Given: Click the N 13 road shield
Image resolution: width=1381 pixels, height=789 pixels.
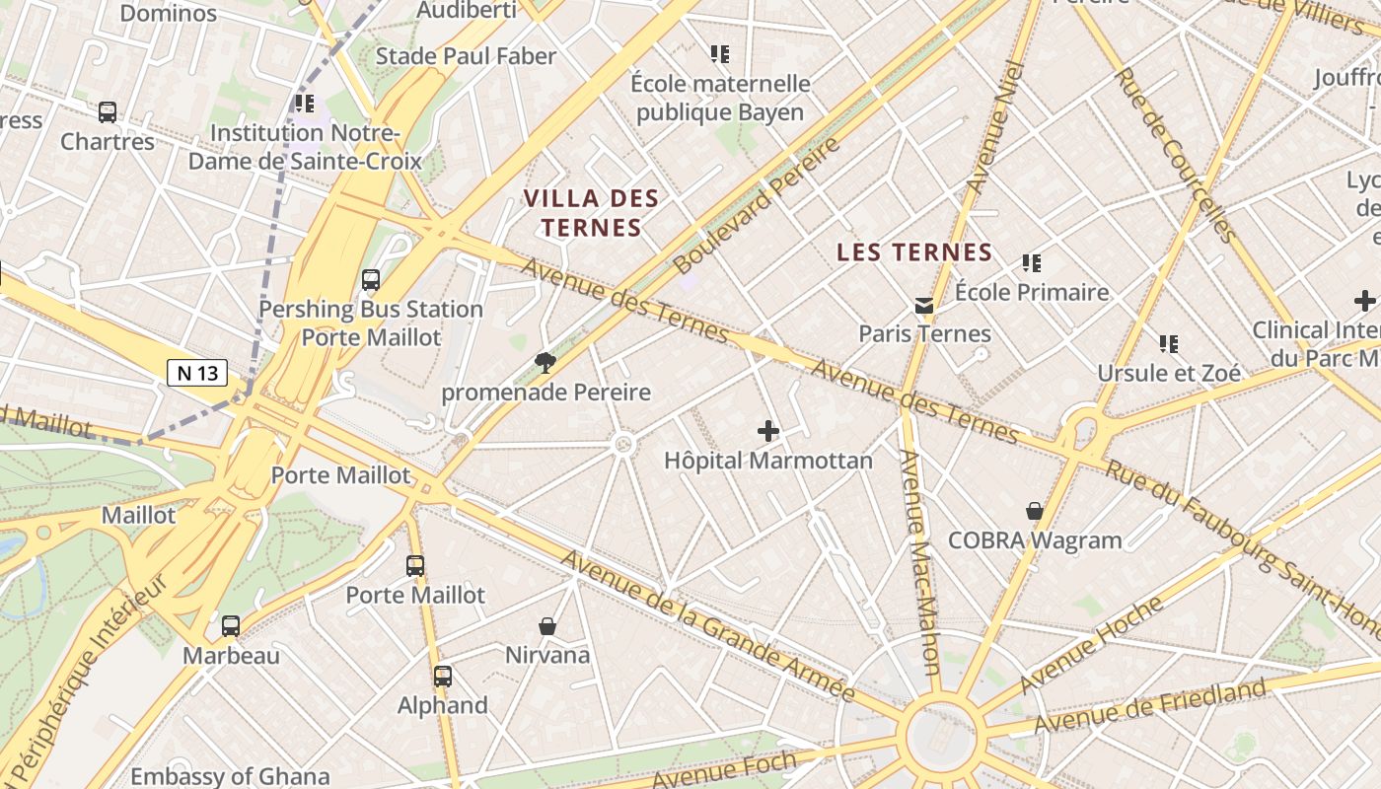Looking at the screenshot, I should (x=197, y=373).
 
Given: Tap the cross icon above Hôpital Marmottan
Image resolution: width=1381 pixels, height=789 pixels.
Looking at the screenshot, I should (x=768, y=431).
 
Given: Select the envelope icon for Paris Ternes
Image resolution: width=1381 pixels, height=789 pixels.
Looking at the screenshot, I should (x=924, y=306).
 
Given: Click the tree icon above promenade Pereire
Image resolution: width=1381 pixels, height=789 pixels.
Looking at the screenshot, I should (x=545, y=363).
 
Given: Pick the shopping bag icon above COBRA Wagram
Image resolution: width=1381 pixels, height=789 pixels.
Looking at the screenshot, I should (x=1035, y=511).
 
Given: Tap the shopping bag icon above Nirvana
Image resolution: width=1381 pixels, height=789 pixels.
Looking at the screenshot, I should (x=547, y=626).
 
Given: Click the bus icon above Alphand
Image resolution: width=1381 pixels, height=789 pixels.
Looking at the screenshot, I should (x=443, y=677).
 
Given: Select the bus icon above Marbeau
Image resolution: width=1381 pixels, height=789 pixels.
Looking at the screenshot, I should (x=231, y=626).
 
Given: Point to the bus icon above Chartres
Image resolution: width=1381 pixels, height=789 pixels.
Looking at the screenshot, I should (x=108, y=112).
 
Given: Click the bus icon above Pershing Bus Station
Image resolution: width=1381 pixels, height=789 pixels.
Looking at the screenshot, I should (x=371, y=280).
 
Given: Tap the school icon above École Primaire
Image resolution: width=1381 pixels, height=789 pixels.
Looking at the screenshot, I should (x=1032, y=263).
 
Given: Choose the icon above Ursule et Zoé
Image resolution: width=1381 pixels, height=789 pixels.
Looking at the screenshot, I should (x=1169, y=344).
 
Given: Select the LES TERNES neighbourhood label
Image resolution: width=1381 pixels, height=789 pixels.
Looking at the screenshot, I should (x=913, y=252).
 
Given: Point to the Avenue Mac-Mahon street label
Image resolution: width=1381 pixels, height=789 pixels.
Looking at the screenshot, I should (x=919, y=562).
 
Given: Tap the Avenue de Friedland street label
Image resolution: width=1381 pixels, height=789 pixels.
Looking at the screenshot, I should (x=1149, y=706).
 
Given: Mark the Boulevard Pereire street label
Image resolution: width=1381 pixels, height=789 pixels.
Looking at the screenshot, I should (x=757, y=205).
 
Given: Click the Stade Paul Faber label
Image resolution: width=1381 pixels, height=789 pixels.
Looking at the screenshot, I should (x=467, y=56).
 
